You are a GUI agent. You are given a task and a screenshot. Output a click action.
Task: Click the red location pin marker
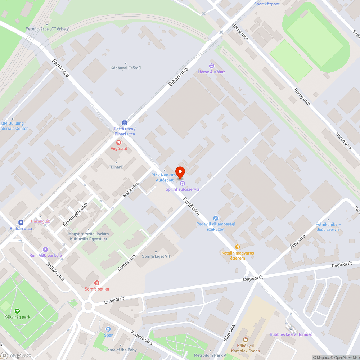(x=180, y=172)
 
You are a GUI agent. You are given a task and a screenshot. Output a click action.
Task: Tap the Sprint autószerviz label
(x=182, y=189)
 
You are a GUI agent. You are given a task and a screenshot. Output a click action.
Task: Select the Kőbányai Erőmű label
(x=125, y=68)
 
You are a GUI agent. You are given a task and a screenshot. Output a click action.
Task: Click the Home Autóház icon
(x=211, y=66)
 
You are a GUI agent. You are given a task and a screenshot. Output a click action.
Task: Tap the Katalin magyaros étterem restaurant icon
(x=238, y=247)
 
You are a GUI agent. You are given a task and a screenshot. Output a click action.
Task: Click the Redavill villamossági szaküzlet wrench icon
(x=215, y=218)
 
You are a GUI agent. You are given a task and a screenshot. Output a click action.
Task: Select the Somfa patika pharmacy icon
(x=96, y=283)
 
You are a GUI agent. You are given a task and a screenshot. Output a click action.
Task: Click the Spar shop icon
(x=108, y=329)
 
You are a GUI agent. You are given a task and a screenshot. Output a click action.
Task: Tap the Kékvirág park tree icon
(x=17, y=311)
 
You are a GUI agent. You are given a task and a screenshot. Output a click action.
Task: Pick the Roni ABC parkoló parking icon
(x=45, y=249)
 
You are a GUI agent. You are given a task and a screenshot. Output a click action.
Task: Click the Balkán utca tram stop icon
(x=21, y=222)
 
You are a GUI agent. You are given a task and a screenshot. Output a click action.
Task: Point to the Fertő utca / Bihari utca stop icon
(x=124, y=122)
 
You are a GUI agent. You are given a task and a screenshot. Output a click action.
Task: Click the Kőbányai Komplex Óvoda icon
(x=245, y=339)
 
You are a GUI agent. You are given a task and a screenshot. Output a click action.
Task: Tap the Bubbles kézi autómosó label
(x=291, y=334)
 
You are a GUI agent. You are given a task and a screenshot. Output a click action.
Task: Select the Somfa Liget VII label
(x=156, y=256)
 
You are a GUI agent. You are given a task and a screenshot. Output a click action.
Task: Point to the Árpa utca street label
(x=297, y=242)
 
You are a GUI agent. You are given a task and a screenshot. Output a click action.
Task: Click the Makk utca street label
(x=131, y=190)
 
